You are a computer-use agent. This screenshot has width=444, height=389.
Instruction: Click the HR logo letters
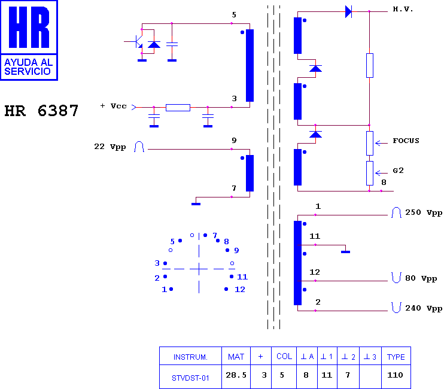coord(29,27)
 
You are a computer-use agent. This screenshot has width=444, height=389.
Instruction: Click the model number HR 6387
coord(41,111)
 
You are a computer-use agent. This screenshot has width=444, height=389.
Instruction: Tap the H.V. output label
coord(403,10)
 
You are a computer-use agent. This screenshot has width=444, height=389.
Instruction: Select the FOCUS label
coord(406,141)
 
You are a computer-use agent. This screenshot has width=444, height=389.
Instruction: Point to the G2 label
coord(398,171)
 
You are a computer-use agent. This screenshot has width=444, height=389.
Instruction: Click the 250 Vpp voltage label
coord(424,212)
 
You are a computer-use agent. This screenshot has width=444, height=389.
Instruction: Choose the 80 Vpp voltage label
coord(421,278)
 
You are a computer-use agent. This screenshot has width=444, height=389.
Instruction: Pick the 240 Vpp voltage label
coord(424,308)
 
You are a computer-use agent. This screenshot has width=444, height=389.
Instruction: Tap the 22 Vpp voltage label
coord(110,147)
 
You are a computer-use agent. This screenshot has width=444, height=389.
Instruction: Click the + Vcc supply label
coord(113,106)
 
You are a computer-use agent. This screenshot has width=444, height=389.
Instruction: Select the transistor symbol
coord(138,42)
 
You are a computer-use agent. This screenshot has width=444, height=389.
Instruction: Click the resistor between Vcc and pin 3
coord(178,108)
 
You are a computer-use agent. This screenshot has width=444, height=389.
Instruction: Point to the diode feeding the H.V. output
coord(349,11)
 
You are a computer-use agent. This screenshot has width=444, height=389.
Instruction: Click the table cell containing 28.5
coord(236,376)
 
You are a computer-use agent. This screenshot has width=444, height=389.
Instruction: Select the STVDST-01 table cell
coord(190,376)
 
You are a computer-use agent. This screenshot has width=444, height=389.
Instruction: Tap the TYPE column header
coord(396,356)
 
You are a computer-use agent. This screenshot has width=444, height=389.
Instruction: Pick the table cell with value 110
coord(396,376)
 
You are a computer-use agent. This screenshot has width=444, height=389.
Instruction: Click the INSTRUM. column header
coord(190,356)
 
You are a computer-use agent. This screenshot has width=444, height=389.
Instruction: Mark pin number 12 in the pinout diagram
coord(240,289)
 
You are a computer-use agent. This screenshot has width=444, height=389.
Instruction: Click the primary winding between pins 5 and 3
coord(250,65)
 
